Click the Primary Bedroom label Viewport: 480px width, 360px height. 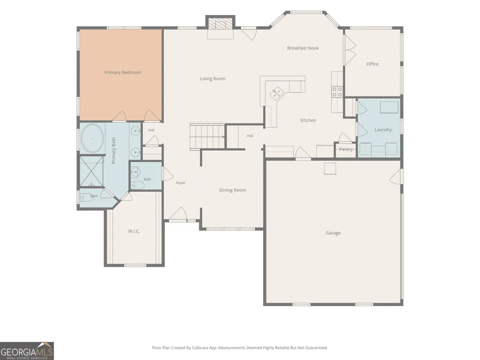tap(123, 73)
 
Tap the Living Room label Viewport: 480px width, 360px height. tap(213, 79)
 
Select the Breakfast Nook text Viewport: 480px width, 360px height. tap(303, 48)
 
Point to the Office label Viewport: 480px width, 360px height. tap(373, 64)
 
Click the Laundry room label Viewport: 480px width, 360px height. tap(383, 130)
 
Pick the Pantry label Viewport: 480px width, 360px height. tap(346, 149)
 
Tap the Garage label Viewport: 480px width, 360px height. tap(333, 233)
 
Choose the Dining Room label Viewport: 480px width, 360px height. tap(233, 190)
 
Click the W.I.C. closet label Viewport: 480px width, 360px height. tap(134, 231)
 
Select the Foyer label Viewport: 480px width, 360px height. tap(181, 183)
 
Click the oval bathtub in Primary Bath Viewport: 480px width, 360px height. tap(92, 139)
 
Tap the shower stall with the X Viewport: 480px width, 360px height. tap(91, 171)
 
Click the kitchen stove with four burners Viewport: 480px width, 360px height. tap(337, 92)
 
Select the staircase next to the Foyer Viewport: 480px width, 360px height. tap(207, 137)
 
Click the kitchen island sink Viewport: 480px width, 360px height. tap(276, 93)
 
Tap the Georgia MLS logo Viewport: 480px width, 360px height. tap(27, 351)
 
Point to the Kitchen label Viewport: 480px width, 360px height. tap(308, 120)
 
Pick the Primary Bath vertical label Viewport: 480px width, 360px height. tap(114, 151)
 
